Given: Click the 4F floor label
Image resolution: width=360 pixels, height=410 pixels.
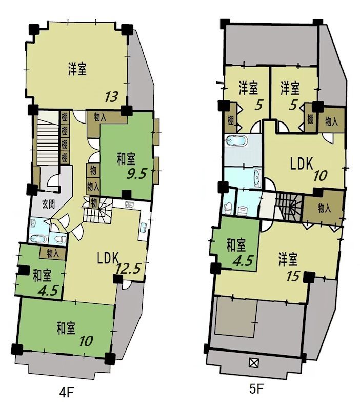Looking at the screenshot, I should (x=67, y=393).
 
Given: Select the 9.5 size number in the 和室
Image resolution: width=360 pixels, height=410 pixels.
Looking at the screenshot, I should (x=136, y=174).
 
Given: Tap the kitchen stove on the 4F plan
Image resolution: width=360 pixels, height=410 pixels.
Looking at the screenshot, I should (x=129, y=206).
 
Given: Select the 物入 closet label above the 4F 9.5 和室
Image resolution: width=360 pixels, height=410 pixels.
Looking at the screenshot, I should (x=100, y=116).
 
